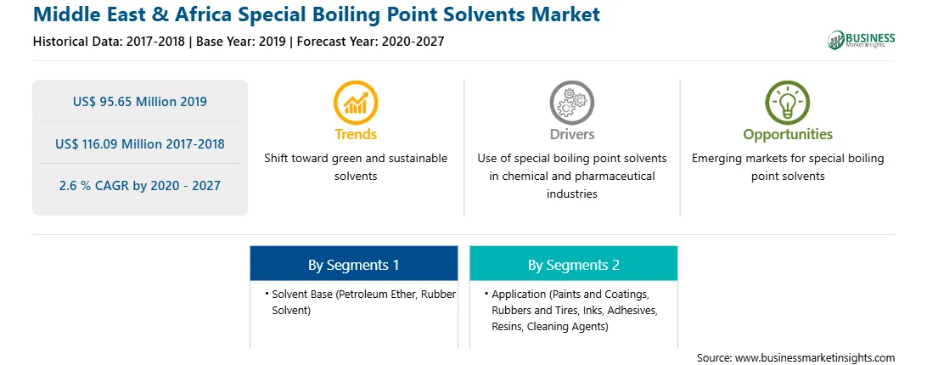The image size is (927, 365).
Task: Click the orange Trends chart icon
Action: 356,103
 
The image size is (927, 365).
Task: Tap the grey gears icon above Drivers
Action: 571,103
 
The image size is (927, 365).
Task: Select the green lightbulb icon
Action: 788,103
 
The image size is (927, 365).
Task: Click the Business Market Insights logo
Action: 862,40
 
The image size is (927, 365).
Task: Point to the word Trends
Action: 356,134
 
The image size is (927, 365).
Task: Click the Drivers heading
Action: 572,134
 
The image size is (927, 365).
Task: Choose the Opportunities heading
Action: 788,135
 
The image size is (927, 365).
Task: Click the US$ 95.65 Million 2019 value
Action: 140,101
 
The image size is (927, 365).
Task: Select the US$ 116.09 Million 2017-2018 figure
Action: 140,143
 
